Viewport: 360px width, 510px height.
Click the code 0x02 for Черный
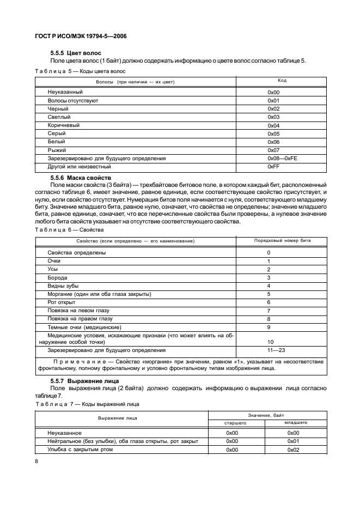pos(273,109)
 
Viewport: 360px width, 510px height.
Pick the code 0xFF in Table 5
pos(273,166)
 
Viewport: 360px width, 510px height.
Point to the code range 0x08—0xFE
pos(282,158)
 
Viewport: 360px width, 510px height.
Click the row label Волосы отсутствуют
pos(72,101)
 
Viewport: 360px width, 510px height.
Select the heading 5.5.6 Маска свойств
pos(80,178)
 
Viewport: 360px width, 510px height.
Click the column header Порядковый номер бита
pos(283,240)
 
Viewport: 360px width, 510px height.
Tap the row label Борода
pos(57,278)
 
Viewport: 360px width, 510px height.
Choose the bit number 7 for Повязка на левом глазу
pos(269,311)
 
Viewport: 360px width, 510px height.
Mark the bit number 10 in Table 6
pos(270,342)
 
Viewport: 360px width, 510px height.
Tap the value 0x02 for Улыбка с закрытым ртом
pos(294,450)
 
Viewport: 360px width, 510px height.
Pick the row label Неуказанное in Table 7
pos(64,433)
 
